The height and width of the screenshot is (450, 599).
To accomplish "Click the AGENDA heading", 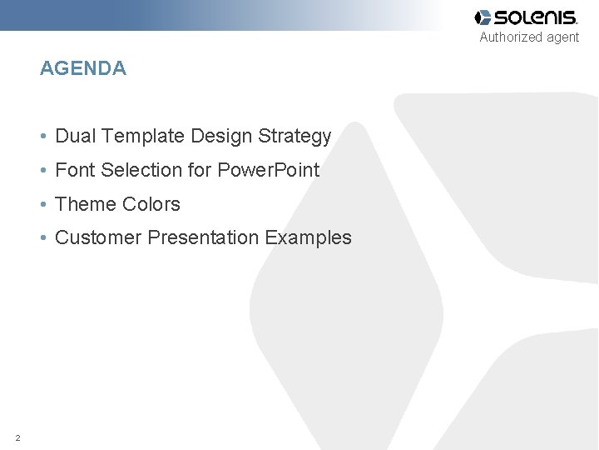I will tap(83, 69).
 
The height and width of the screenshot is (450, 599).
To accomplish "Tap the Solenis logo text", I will tap(536, 17).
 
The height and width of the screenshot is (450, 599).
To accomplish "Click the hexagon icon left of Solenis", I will tap(483, 17).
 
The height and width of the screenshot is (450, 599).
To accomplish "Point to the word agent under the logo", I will tap(563, 37).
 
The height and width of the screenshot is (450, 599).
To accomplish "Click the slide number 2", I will tap(17, 437).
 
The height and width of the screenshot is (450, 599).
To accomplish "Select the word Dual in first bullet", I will tap(74, 136).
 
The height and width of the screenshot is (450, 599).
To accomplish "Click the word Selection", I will tap(141, 170).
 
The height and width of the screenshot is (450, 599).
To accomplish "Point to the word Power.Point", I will tap(268, 170).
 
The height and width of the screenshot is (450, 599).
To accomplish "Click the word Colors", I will tap(151, 204).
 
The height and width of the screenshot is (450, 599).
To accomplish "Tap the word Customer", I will tap(98, 238).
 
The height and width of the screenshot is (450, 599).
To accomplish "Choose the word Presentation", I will tap(204, 238).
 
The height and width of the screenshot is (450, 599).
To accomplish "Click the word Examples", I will tap(309, 238).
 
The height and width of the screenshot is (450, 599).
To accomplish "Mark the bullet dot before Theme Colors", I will tap(43, 205).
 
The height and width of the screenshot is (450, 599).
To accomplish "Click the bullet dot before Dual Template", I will tap(43, 137).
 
